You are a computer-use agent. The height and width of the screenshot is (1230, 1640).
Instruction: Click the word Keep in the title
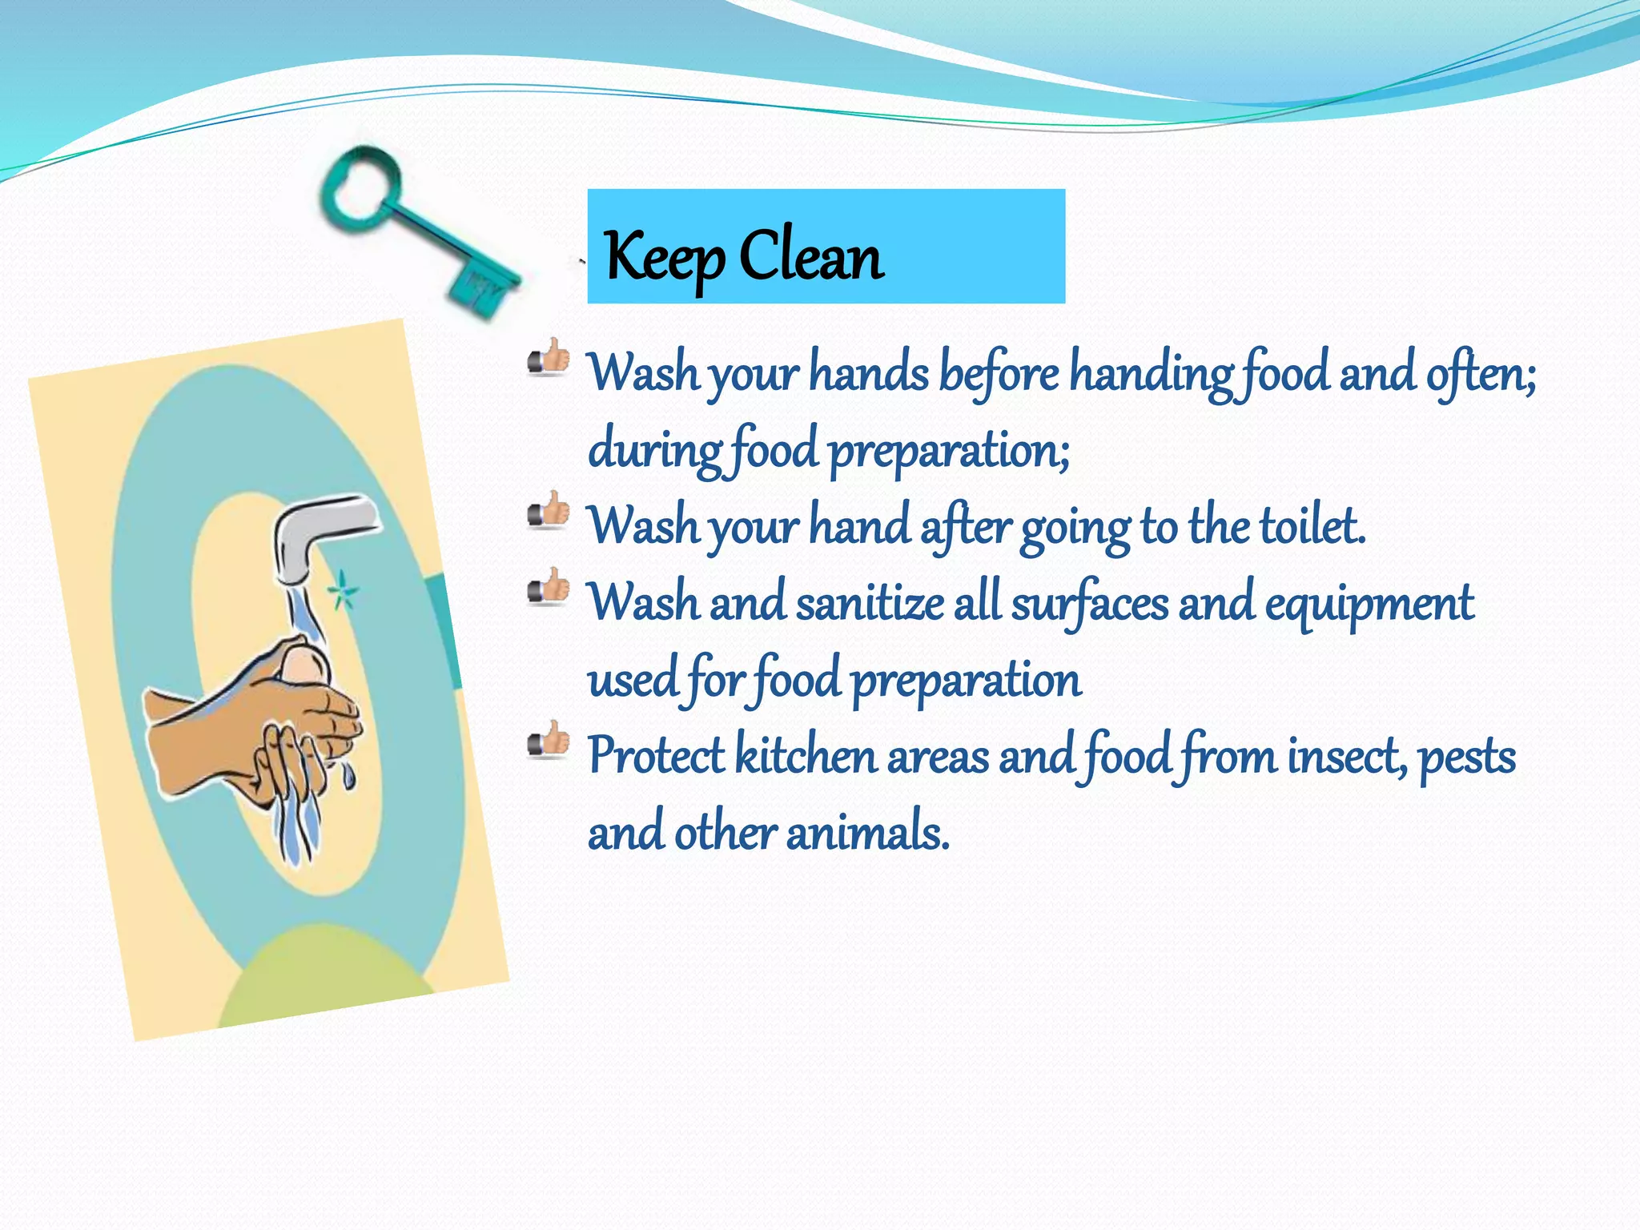(664, 256)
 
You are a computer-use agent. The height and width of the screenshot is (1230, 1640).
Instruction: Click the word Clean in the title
(810, 255)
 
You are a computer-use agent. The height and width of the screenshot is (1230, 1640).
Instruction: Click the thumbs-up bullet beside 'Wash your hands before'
(549, 358)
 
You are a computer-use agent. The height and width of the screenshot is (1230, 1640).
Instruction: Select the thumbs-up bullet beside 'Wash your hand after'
(549, 511)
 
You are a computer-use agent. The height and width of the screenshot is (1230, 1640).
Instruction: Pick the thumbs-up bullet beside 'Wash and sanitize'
(549, 588)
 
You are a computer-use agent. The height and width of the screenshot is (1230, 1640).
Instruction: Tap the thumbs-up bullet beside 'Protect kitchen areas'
(549, 741)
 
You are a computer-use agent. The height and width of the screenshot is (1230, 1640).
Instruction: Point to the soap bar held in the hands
(303, 664)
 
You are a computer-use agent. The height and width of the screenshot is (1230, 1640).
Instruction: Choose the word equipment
(1369, 604)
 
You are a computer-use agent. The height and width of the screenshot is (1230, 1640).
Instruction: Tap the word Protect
(656, 755)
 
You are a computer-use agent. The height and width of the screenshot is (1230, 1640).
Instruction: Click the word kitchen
(805, 755)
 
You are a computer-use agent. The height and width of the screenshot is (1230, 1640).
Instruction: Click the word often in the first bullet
(1480, 373)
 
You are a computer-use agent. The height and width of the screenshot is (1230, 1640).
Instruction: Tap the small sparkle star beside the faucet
(343, 592)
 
